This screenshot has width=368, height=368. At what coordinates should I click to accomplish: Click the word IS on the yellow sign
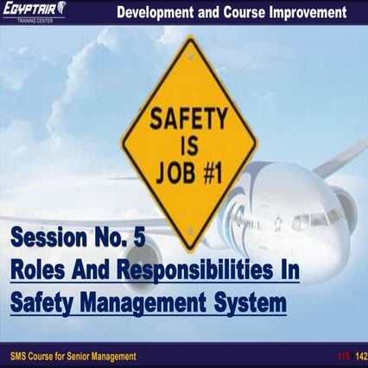click(x=190, y=140)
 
